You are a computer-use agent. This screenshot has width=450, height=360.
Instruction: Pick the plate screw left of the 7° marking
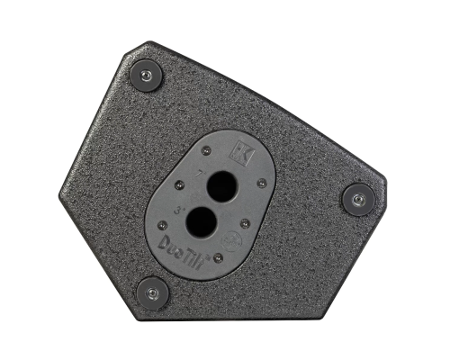178,184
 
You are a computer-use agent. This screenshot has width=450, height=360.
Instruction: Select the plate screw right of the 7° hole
262,183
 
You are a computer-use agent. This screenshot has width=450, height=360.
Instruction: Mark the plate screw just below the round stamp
218,257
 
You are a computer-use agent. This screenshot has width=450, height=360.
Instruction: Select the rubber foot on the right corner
358,199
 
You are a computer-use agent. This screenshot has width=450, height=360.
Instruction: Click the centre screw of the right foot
358,199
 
